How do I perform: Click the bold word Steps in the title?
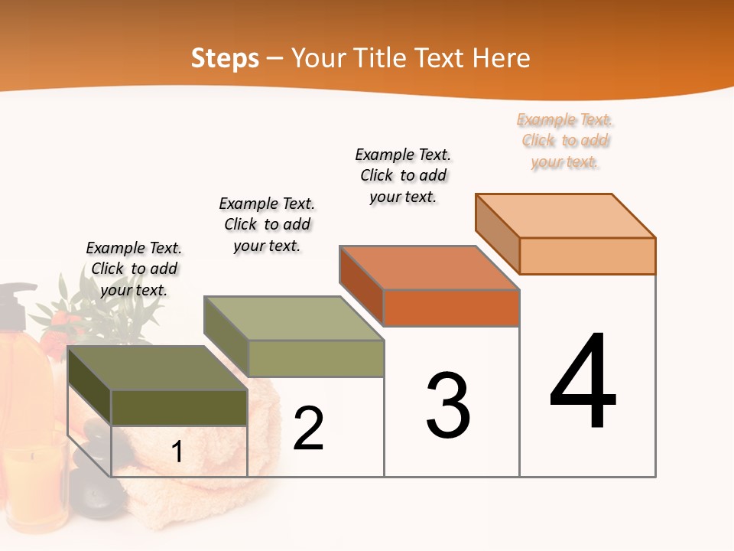coord(225,58)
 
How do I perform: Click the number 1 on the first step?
coord(177,452)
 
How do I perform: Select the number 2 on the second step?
coord(308,429)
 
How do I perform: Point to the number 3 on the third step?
coord(448,406)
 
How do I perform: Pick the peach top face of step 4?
coord(566,215)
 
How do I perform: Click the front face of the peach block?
coord(587,256)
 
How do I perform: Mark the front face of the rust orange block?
coord(451,308)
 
